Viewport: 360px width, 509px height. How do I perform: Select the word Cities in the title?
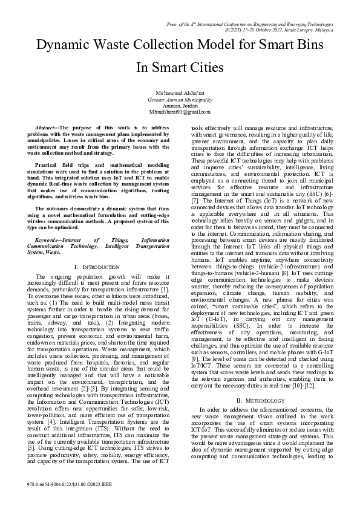tap(202, 67)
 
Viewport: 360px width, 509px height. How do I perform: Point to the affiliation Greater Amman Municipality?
tap(180, 99)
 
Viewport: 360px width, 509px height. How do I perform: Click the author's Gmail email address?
tap(180, 111)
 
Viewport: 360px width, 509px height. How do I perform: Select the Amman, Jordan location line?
tap(180, 105)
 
